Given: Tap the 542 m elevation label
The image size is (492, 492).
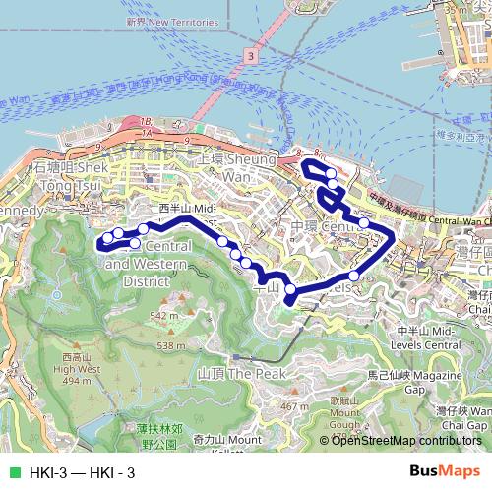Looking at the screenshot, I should [163, 315].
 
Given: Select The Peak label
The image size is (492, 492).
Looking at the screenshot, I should [241, 374].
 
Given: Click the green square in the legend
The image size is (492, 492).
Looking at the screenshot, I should [13, 473].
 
